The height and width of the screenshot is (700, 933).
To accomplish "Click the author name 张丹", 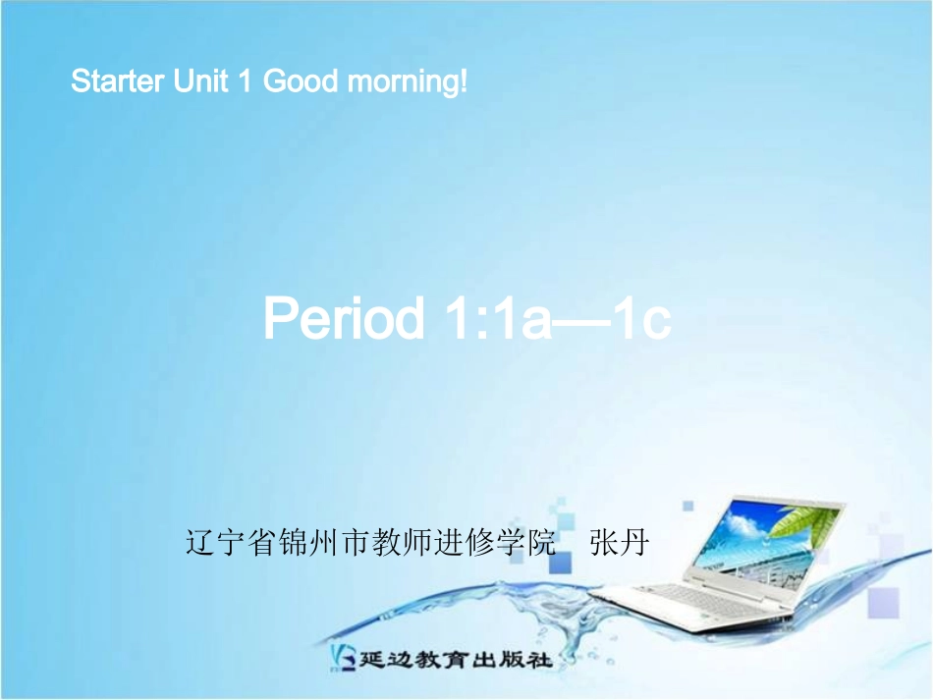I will (x=619, y=541).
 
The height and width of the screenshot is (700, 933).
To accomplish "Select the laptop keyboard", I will (x=678, y=595).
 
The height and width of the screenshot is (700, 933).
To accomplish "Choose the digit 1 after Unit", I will (x=246, y=81).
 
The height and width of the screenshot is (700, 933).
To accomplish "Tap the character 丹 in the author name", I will (x=633, y=541).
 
